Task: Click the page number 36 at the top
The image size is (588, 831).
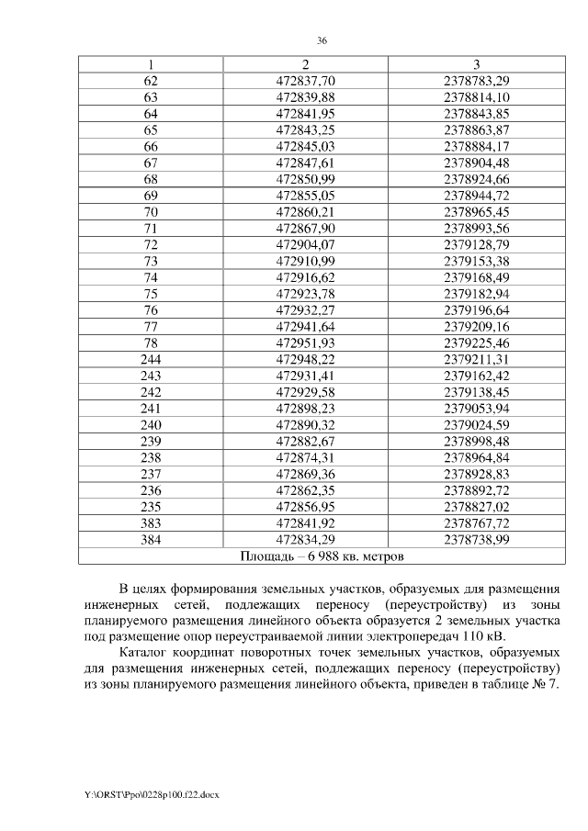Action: tap(322, 41)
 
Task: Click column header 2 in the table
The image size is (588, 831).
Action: tap(305, 63)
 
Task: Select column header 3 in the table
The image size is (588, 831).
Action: tap(476, 63)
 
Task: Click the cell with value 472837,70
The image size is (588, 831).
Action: tap(306, 81)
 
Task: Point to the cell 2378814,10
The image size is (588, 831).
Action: tap(476, 96)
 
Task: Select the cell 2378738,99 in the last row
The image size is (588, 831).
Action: tap(476, 539)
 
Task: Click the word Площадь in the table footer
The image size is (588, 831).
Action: tap(267, 556)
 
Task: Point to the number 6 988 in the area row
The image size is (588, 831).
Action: tap(328, 556)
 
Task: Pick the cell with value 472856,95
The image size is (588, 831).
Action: tap(306, 506)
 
